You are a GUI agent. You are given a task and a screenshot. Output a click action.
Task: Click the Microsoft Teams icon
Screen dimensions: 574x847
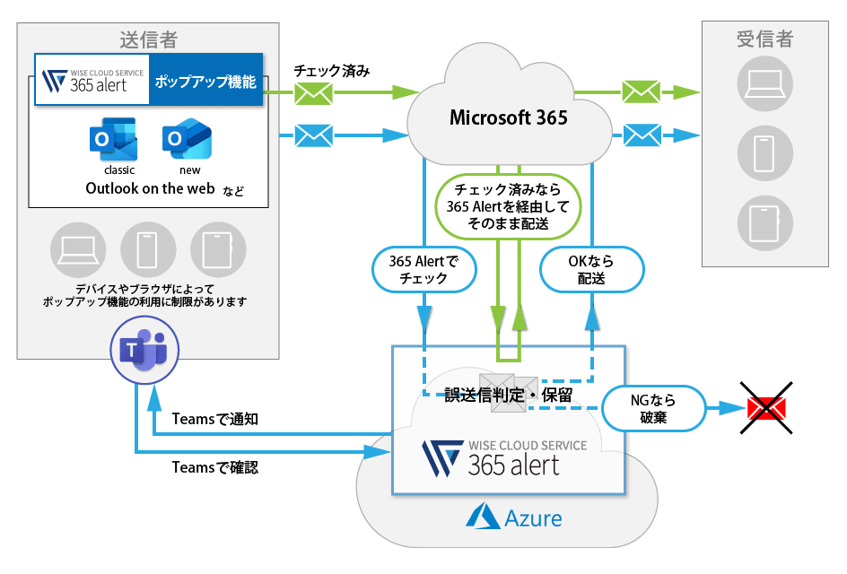(144, 352)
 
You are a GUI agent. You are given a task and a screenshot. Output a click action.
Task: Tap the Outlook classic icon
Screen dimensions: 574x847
(112, 140)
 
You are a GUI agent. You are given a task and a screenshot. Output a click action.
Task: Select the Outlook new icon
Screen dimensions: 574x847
(187, 140)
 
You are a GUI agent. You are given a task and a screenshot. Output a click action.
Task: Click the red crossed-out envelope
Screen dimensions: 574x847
(766, 409)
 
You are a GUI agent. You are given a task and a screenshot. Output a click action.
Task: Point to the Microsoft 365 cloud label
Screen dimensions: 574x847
(508, 117)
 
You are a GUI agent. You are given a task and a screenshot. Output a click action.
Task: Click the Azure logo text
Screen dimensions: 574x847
(515, 517)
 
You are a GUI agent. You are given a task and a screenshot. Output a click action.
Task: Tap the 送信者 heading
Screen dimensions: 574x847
(148, 39)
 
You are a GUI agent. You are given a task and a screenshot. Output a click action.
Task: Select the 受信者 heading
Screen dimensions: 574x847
(764, 39)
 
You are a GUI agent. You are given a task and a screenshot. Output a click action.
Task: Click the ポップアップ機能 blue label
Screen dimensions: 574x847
(205, 83)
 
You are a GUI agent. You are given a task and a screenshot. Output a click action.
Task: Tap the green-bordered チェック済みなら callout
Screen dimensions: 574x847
(508, 207)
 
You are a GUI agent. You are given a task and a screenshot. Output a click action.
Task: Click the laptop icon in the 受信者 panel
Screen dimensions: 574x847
(764, 83)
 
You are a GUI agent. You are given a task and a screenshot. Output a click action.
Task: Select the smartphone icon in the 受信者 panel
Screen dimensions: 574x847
(764, 153)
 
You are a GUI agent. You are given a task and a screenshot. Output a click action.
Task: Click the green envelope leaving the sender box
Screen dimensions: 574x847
(313, 93)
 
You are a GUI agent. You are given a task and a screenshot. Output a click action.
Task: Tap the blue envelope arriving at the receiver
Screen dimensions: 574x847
(642, 135)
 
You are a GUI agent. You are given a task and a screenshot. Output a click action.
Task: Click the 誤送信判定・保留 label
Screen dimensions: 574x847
(508, 394)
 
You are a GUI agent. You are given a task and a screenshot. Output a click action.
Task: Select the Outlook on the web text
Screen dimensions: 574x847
(150, 189)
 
